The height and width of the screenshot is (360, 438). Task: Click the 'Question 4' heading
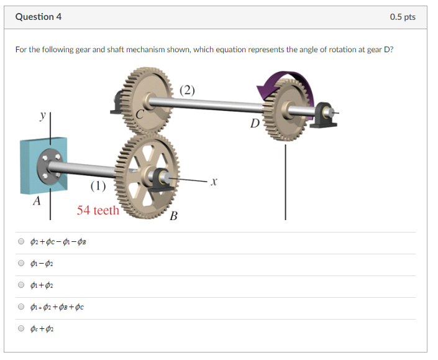coord(38,17)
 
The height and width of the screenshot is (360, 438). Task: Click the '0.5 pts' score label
coord(403,17)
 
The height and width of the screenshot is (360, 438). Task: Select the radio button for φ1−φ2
coord(21,264)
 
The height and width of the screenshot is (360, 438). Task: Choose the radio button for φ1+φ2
coord(21,285)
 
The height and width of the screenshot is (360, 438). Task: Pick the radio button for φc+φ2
coord(21,329)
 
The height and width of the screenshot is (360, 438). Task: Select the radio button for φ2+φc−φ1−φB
coord(21,242)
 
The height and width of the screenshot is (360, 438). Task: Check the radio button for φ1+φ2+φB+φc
coord(21,307)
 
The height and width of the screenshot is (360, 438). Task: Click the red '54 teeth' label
coord(98,210)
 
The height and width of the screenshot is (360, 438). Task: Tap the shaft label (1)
coord(98,186)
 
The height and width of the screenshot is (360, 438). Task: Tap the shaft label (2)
coord(188,90)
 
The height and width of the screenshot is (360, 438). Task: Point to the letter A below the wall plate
coord(37,201)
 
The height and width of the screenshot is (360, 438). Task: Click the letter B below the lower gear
coord(173,216)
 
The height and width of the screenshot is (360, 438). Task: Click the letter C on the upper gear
coord(140,114)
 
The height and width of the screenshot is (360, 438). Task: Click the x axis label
coord(213,182)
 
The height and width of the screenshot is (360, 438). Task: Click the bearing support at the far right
coord(323,115)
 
